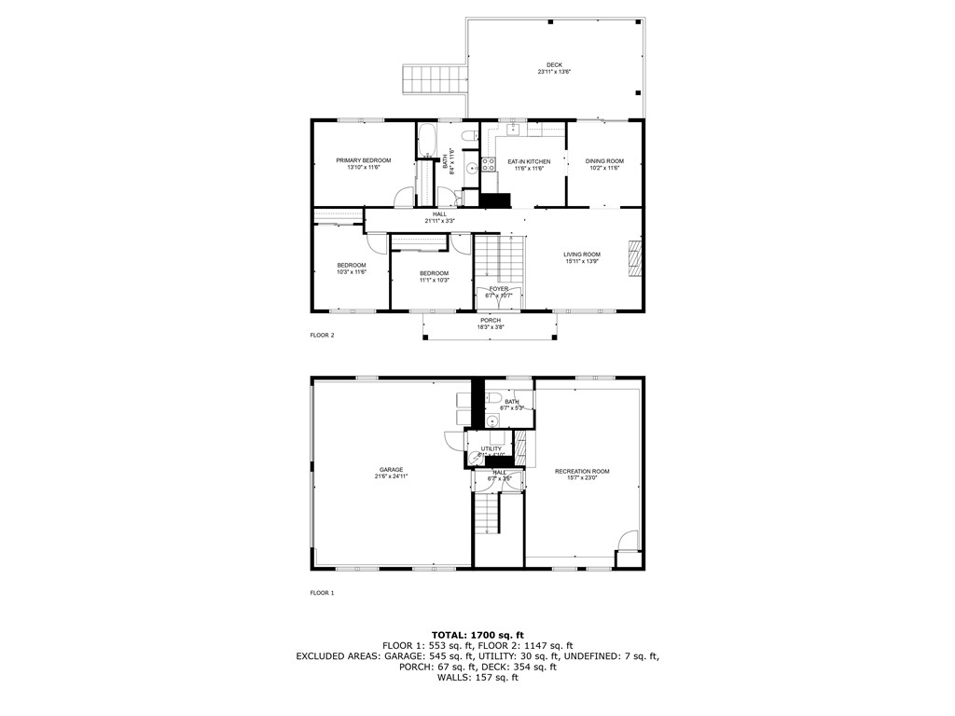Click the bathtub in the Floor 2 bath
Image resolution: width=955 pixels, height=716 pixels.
point(426,141)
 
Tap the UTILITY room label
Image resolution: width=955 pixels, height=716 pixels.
point(491,448)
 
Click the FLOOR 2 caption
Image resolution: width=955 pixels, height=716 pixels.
point(322,334)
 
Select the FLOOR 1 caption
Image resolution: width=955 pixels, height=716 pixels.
point(322,593)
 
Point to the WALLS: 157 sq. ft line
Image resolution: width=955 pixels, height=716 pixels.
point(477,678)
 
